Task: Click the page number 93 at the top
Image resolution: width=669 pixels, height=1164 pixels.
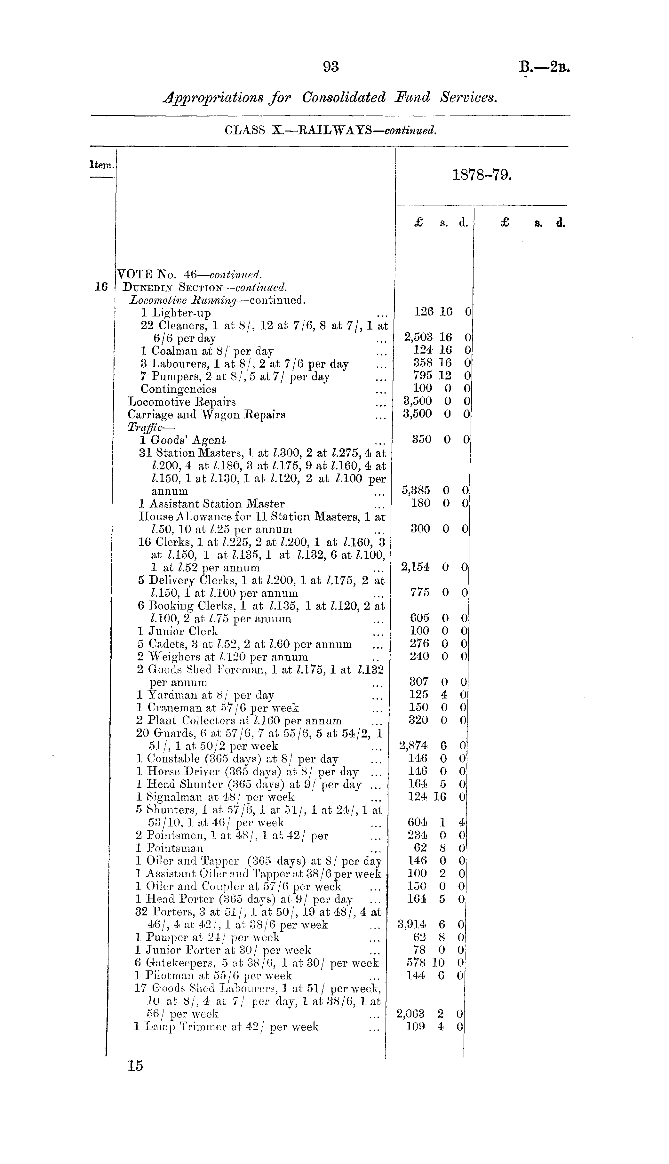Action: [x=331, y=67]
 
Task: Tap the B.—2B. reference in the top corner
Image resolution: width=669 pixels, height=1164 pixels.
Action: [x=545, y=68]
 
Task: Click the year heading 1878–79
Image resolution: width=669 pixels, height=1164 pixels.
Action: [x=482, y=175]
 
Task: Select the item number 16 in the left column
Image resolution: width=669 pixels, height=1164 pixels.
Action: [x=101, y=287]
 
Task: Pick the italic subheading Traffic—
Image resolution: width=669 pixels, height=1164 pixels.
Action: [x=144, y=427]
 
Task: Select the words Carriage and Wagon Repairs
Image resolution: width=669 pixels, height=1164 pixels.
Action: [x=206, y=415]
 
